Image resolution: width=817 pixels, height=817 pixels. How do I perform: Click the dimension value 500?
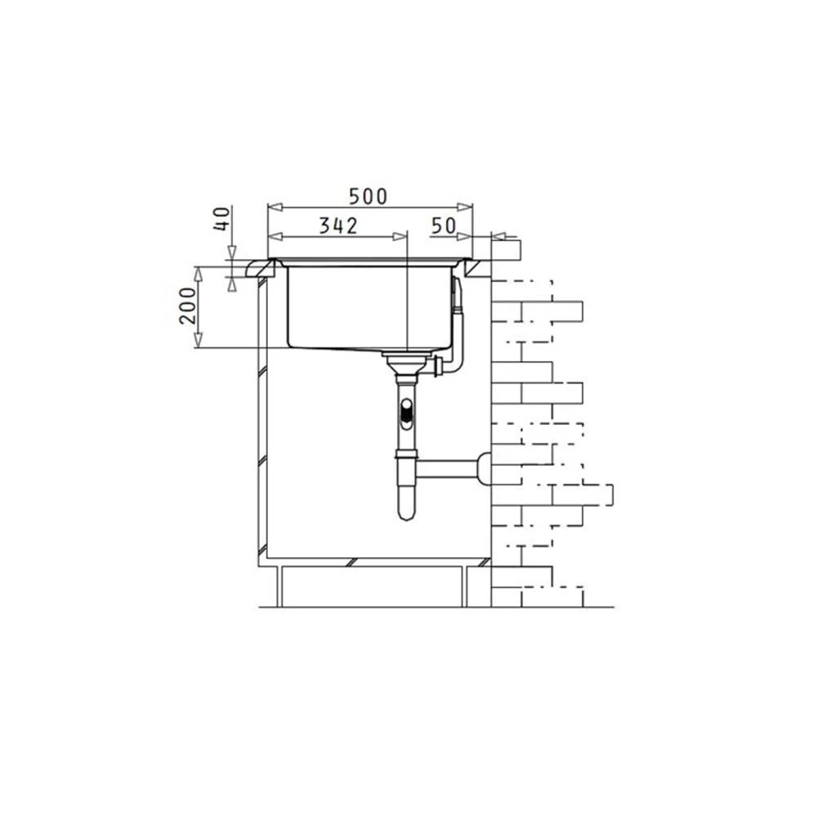click(368, 196)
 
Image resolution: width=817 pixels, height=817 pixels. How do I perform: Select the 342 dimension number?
click(339, 225)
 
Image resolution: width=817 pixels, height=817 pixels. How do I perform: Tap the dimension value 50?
click(444, 225)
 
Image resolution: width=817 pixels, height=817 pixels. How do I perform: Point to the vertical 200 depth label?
click(188, 306)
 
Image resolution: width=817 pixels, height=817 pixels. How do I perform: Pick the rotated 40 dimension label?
click(222, 219)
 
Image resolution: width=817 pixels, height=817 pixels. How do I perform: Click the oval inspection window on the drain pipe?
click(406, 413)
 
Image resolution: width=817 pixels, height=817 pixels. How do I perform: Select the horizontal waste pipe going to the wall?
click(447, 470)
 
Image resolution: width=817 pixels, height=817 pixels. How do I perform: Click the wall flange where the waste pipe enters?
click(484, 469)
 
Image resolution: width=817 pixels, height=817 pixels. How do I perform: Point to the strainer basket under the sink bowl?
click(407, 364)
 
